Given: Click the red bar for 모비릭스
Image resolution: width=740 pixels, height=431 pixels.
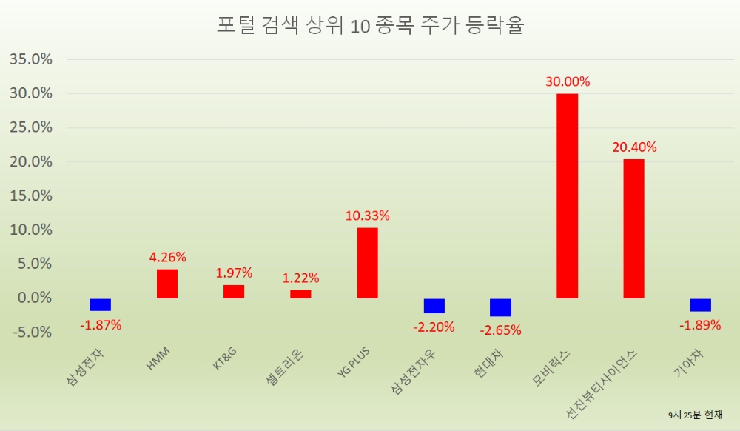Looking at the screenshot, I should (x=567, y=196).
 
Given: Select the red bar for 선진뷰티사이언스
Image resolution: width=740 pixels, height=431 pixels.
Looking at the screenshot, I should (x=633, y=229).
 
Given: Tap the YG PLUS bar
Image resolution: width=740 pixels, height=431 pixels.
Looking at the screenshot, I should (x=367, y=263).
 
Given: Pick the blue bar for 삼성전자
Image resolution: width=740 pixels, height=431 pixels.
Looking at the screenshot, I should (x=101, y=304).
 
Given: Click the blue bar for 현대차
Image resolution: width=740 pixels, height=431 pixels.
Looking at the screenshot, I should (x=500, y=307).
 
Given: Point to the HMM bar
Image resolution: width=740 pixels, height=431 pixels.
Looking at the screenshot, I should (x=167, y=284).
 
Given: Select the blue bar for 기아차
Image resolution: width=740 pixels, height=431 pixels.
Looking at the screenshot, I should (x=700, y=304).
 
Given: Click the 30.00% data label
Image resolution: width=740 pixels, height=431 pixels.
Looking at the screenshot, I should (x=567, y=81).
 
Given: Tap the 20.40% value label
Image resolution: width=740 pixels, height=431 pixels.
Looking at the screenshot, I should (x=633, y=147).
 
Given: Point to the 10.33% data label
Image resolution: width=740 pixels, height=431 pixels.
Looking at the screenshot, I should (x=367, y=215).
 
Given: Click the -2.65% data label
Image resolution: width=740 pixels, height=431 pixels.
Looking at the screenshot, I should (x=500, y=330).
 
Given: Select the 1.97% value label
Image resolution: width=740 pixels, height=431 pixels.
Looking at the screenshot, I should (x=234, y=273).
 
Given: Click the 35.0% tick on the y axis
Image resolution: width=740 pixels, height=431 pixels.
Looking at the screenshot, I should (x=30, y=59).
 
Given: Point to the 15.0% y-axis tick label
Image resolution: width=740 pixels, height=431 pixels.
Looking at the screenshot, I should (x=30, y=196).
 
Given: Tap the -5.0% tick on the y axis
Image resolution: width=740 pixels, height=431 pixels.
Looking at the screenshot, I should (x=30, y=332).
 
